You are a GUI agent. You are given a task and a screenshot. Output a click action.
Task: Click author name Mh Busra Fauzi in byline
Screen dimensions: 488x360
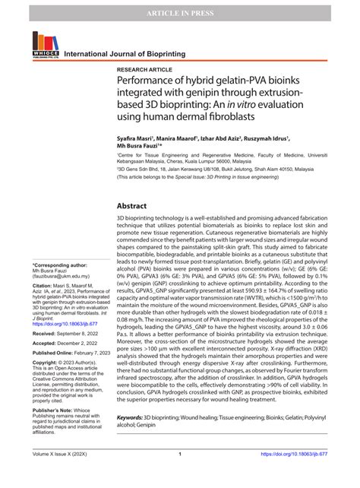coord(141,150)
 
